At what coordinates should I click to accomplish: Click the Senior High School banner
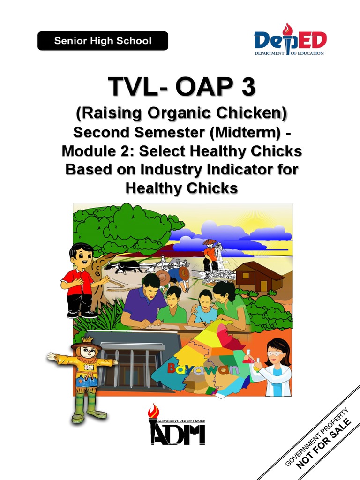[103, 41]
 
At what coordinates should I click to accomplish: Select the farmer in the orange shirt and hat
[210, 255]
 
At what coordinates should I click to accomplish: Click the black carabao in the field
[123, 267]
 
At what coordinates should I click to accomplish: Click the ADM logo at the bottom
[176, 426]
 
